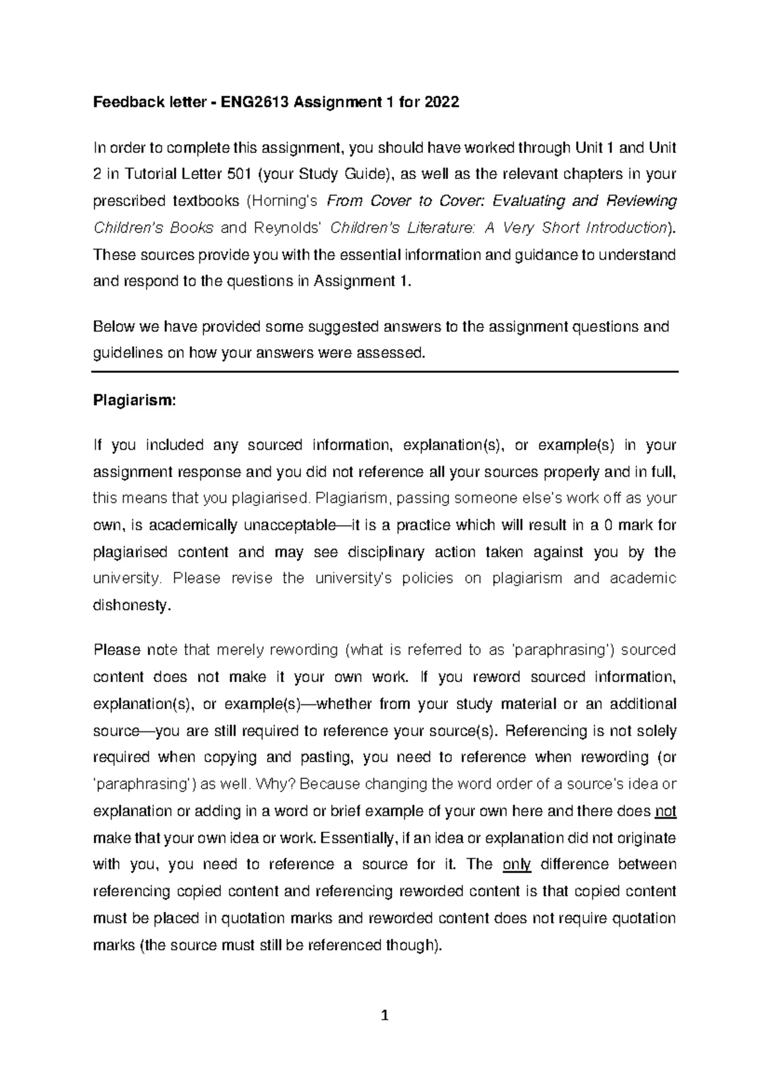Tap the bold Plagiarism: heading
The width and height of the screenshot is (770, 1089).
click(x=134, y=400)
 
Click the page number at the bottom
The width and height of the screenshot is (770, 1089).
click(x=385, y=1016)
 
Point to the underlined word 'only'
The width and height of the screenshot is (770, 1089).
click(x=517, y=864)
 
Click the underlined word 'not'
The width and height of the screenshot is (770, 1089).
click(x=665, y=811)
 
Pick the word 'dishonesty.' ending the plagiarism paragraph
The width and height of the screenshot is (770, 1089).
click(x=133, y=605)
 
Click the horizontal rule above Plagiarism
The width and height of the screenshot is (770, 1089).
click(x=385, y=372)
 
